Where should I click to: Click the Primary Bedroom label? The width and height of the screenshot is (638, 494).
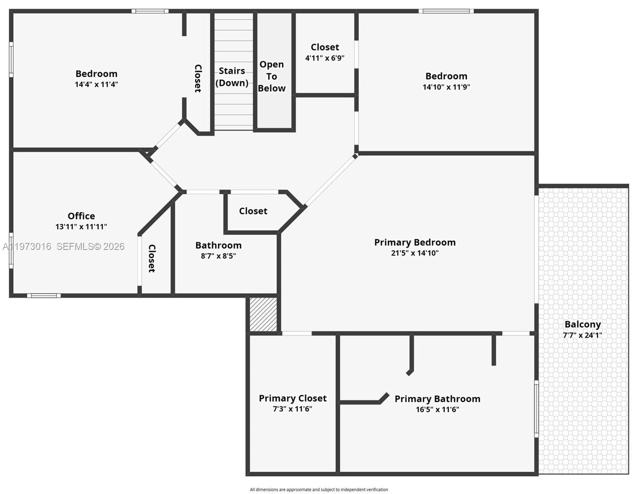coord(414,242)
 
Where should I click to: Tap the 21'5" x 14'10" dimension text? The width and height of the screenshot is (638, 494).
coord(414,253)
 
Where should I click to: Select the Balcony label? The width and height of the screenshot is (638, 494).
coord(582,324)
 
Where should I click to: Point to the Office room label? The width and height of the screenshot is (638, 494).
coord(81,216)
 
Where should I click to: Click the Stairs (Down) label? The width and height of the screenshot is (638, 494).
coord(232,77)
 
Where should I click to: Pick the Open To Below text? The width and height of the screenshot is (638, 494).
coord(272,77)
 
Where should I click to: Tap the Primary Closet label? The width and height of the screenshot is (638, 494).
coord(293,398)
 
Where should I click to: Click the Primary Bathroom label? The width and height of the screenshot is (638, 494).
coord(437,399)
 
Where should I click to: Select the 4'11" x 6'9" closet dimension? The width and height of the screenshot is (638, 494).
coord(325,58)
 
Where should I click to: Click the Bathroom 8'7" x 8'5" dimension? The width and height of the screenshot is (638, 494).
coord(218,256)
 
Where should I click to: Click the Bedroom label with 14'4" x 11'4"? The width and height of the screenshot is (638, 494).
coord(96,74)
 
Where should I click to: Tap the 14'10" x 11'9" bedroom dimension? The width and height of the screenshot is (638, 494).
coord(446,87)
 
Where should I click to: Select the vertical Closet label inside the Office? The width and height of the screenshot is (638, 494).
coord(152,259)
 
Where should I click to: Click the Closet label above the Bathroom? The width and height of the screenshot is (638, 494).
coord(253,211)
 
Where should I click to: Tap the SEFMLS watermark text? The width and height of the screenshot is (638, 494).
coord(90,247)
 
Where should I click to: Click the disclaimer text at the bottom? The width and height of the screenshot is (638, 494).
coord(319,489)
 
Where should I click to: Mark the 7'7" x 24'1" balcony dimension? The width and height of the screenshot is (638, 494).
coord(582,335)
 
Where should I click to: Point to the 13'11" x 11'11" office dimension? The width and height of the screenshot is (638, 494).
coord(81,227)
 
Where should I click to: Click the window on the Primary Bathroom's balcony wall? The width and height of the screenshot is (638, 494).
coord(536,408)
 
